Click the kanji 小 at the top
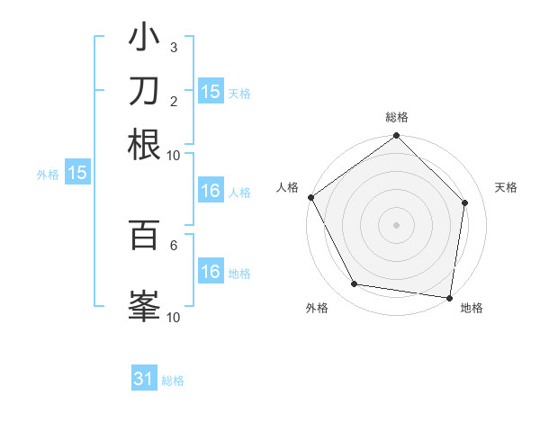coord(144,40)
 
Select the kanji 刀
coord(144,91)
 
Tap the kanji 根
coord(144,144)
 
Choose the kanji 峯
coord(144,303)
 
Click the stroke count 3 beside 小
coord(174,47)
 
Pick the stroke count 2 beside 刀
coord(174,100)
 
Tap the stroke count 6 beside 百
coord(174,244)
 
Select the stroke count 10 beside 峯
coord(174,316)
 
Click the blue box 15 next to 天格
coord(210,91)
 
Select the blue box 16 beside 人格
coord(210,191)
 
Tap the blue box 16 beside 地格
coord(210,273)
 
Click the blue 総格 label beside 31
coord(173,381)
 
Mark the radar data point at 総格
coord(396,136)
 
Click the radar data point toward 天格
coord(465,202)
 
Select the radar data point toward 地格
coord(449,297)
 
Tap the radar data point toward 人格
coord(310,197)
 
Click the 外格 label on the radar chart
coord(317,309)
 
